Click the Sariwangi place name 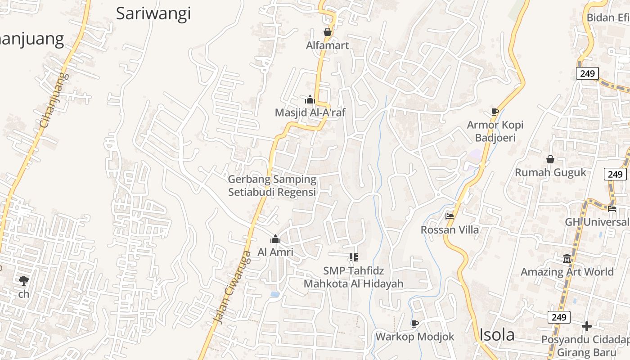(153, 13)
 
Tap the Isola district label (497, 335)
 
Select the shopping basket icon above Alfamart (328, 32)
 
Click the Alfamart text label (328, 45)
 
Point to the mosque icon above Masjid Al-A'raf (310, 99)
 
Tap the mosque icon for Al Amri (275, 239)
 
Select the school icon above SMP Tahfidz (353, 257)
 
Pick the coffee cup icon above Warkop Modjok (414, 324)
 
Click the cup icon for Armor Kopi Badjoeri (495, 112)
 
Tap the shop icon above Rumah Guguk (550, 159)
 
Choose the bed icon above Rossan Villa (450, 216)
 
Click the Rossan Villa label (450, 230)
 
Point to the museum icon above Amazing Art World (567, 259)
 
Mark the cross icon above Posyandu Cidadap (586, 326)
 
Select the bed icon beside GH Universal (612, 208)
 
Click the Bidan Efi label (607, 18)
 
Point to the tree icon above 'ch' (24, 281)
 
